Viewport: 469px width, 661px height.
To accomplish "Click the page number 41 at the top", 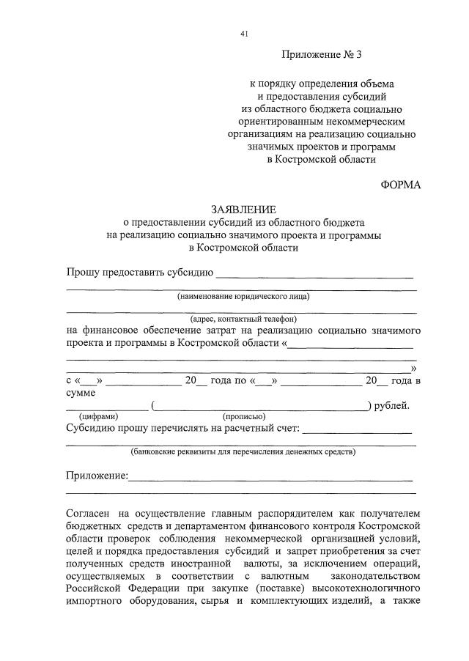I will [243, 34].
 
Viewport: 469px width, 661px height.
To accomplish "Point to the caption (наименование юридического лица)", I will [243, 297].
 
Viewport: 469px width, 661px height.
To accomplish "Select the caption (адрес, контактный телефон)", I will [243, 319].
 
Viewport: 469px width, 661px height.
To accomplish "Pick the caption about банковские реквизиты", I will [243, 451].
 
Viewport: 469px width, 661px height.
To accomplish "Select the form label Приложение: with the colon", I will [97, 476].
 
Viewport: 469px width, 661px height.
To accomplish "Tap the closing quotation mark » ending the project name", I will [414, 368].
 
